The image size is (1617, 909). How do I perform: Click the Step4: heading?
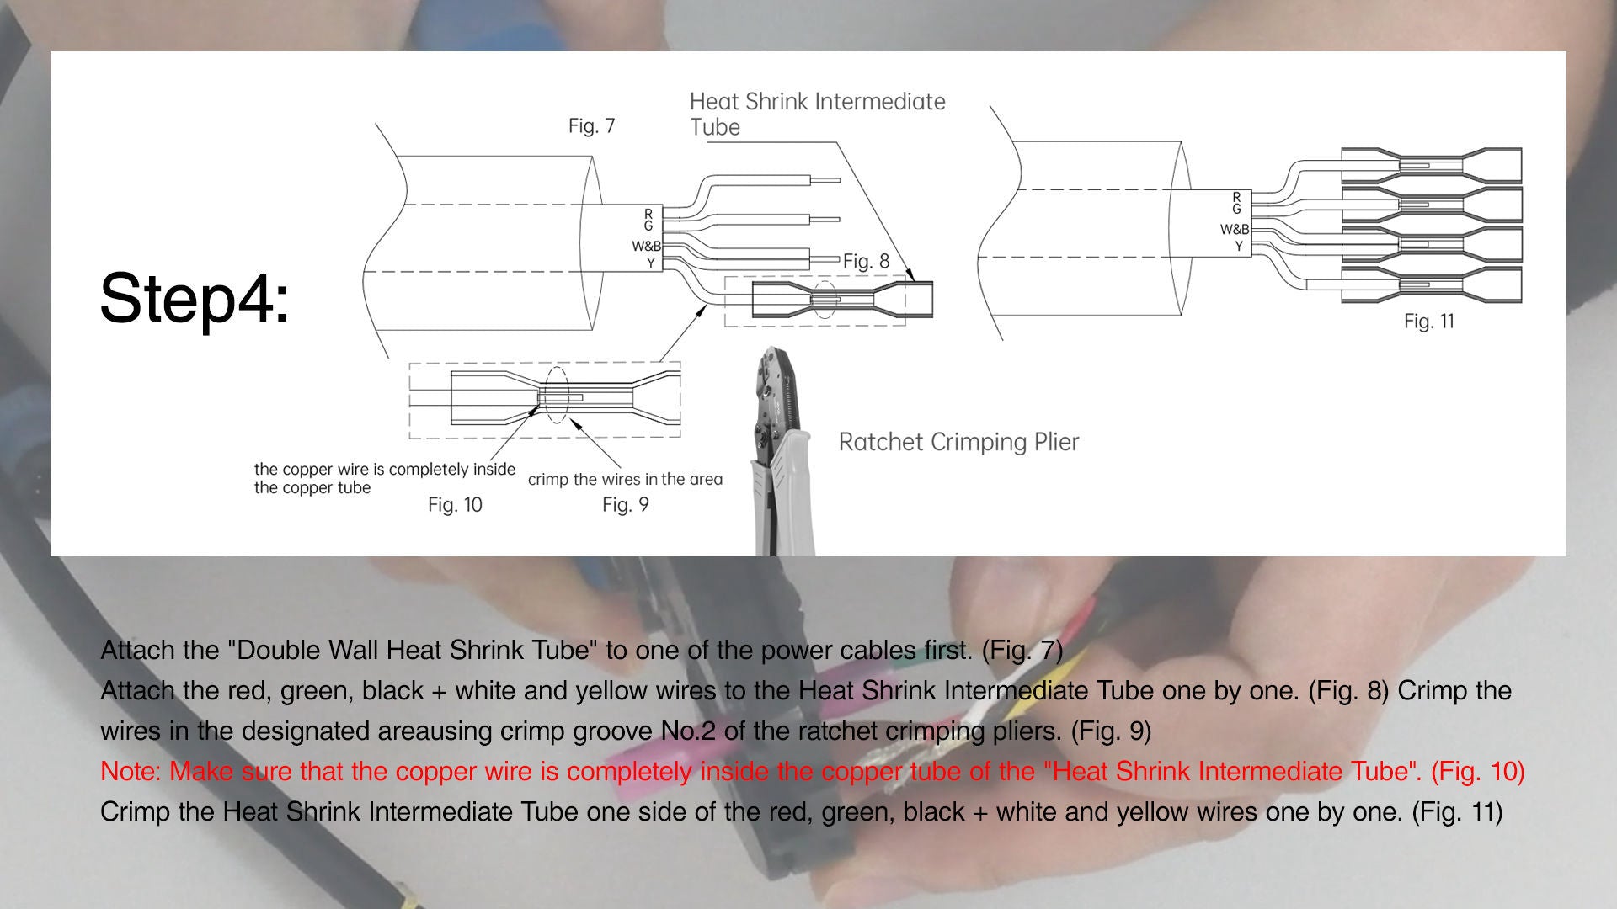(195, 299)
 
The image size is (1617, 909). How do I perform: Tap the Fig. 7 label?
(591, 126)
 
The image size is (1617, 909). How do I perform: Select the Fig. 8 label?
(866, 261)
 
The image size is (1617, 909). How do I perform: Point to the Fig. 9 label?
(625, 505)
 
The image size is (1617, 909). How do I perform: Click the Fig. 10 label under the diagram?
(455, 505)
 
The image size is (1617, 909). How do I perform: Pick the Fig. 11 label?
(1428, 322)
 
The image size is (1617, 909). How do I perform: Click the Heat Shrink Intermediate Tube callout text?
(817, 114)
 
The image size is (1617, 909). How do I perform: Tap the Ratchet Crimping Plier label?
(958, 442)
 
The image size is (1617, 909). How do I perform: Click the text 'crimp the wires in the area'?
(625, 480)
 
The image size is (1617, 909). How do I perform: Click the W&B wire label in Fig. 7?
(647, 247)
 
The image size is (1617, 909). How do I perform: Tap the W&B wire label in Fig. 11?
(1235, 230)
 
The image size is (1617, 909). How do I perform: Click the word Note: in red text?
(131, 771)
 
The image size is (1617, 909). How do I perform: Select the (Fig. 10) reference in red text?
(1477, 771)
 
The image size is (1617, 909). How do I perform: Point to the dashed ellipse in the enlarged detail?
(555, 395)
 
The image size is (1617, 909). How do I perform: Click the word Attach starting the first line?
(137, 650)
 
